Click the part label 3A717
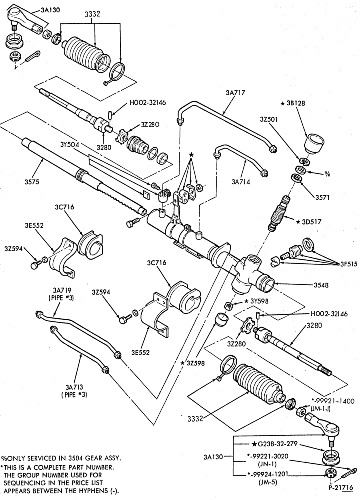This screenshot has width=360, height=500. pyautogui.click(x=235, y=93)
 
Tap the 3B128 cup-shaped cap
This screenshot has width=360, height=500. pyautogui.click(x=314, y=144)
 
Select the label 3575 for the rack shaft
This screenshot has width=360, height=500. pyautogui.click(x=32, y=182)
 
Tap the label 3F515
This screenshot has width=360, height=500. pyautogui.click(x=349, y=264)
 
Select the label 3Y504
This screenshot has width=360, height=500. pyautogui.click(x=70, y=144)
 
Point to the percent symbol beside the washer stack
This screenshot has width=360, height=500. pyautogui.click(x=327, y=174)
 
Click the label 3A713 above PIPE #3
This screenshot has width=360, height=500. pyautogui.click(x=74, y=388)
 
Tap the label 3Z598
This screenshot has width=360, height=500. pyautogui.click(x=195, y=363)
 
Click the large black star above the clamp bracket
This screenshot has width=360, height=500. pyautogui.click(x=191, y=154)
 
